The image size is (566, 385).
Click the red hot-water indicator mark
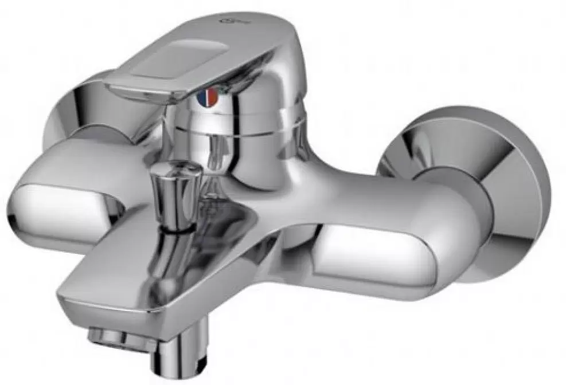pos(209,98)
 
